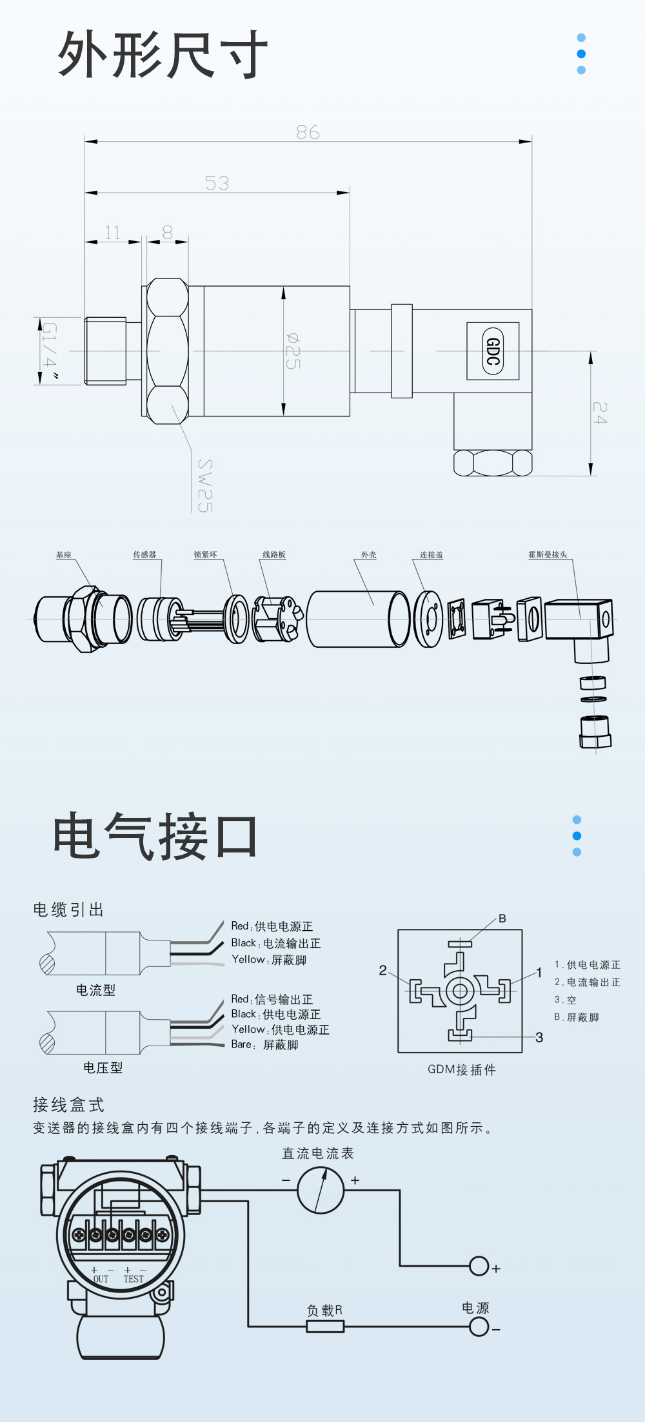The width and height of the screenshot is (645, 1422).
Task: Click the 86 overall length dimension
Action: [x=308, y=132]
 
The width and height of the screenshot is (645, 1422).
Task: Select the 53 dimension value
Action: [x=217, y=184]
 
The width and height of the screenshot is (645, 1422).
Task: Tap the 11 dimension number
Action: [x=112, y=233]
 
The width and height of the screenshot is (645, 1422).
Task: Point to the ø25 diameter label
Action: [x=293, y=351]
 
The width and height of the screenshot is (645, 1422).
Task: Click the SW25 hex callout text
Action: [x=204, y=486]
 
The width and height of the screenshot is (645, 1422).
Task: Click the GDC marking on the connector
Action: [x=493, y=351]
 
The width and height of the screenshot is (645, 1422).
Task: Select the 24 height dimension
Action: [x=600, y=413]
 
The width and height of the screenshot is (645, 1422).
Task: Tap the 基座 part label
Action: [x=63, y=555]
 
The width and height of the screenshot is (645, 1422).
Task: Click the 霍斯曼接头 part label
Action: [x=548, y=555]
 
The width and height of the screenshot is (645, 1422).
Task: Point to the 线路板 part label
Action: [x=274, y=555]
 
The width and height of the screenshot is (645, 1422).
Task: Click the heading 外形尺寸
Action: [x=163, y=55]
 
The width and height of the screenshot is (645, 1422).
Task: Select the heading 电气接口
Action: [x=155, y=836]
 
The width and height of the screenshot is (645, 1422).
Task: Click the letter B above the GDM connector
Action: [x=502, y=919]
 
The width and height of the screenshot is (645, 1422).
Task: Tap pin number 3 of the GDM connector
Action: [x=539, y=1037]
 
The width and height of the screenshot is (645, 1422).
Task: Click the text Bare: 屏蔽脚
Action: [x=264, y=1045]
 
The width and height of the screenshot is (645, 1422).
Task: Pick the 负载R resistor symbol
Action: [x=325, y=1326]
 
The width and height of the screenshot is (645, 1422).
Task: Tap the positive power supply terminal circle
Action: [x=479, y=1266]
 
